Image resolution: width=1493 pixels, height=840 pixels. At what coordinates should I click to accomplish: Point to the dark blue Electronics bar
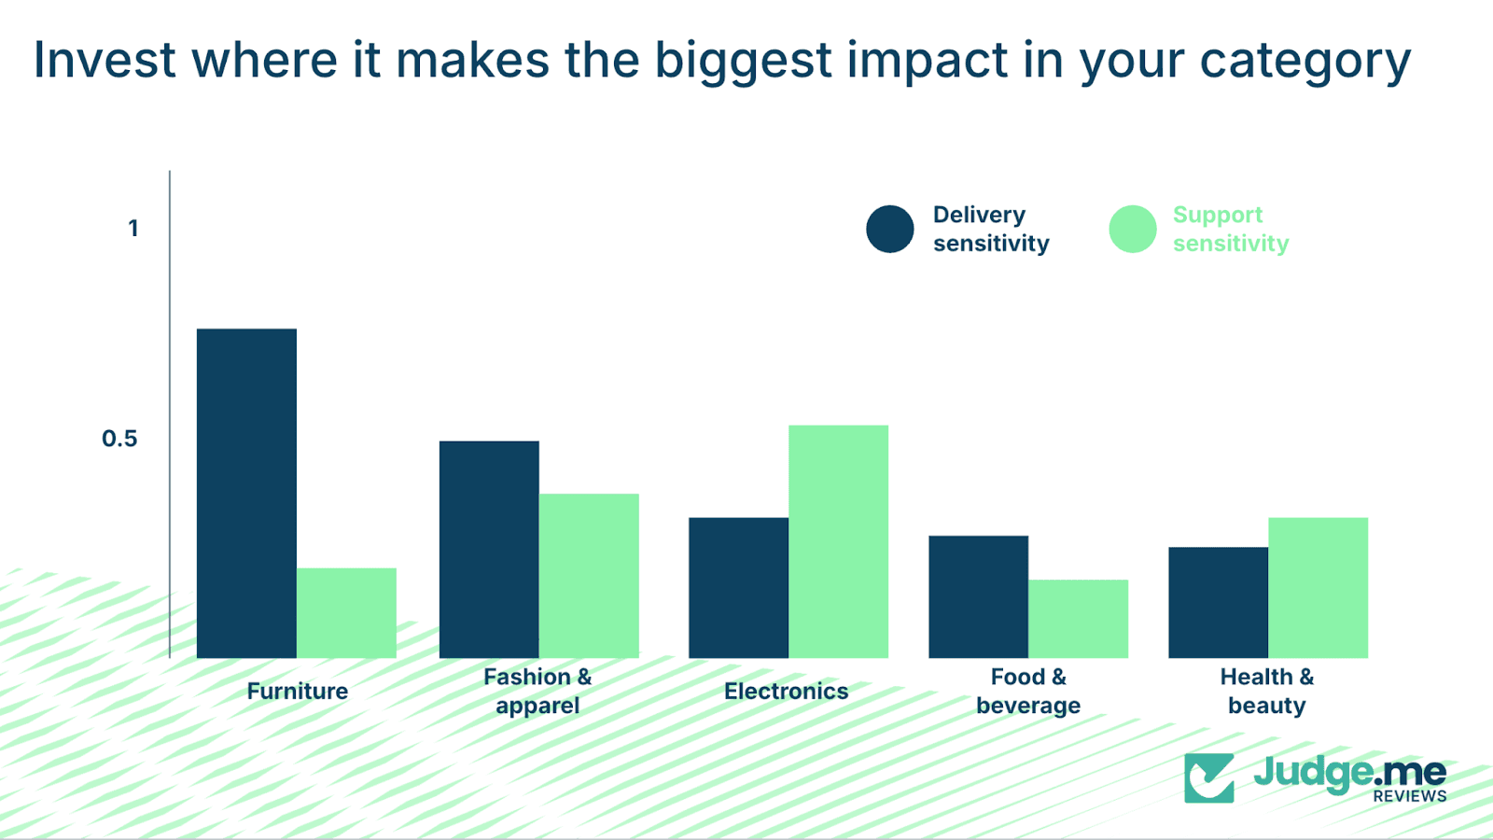pyautogui.click(x=738, y=587)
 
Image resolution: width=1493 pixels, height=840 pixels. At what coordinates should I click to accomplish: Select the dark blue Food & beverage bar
pyautogui.click(x=978, y=596)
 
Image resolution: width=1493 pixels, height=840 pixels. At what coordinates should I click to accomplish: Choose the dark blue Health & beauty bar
pyautogui.click(x=1218, y=602)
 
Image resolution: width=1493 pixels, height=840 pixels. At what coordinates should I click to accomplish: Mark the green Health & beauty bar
pyautogui.click(x=1318, y=587)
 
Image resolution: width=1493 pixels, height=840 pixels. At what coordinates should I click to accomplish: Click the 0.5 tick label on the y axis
pyautogui.click(x=119, y=439)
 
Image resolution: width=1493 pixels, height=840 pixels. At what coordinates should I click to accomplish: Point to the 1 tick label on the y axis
pyautogui.click(x=133, y=229)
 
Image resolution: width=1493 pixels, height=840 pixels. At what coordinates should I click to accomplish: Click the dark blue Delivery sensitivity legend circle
pyautogui.click(x=889, y=229)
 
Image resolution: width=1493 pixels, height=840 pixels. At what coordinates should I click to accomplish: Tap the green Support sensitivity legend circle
pyautogui.click(x=1133, y=229)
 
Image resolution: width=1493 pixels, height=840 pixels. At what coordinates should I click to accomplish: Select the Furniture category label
pyautogui.click(x=297, y=692)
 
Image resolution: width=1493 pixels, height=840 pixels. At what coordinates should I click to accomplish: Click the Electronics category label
pyautogui.click(x=786, y=692)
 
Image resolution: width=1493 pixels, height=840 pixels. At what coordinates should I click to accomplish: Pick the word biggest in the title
pyautogui.click(x=743, y=62)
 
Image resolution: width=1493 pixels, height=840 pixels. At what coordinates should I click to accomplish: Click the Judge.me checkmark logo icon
pyautogui.click(x=1208, y=777)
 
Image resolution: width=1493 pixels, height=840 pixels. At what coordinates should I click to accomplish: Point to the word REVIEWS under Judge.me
pyautogui.click(x=1409, y=796)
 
